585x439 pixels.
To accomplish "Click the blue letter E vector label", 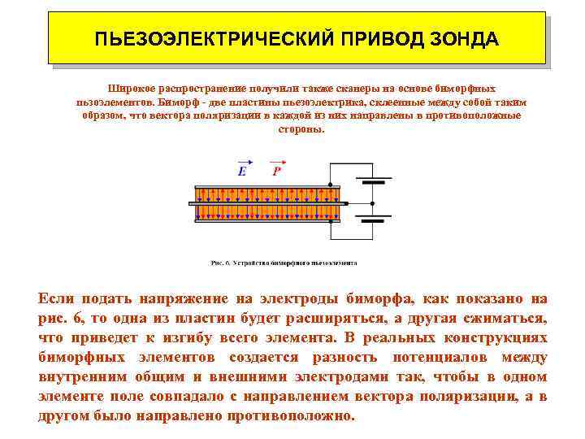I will click(242, 172).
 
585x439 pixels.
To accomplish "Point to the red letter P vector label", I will click(276, 172).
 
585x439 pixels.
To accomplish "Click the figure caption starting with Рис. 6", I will click(284, 263).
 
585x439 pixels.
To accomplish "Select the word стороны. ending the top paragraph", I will click(301, 129).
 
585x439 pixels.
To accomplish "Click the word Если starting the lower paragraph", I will click(56, 298).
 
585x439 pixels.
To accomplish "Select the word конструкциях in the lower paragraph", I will click(496, 337).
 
